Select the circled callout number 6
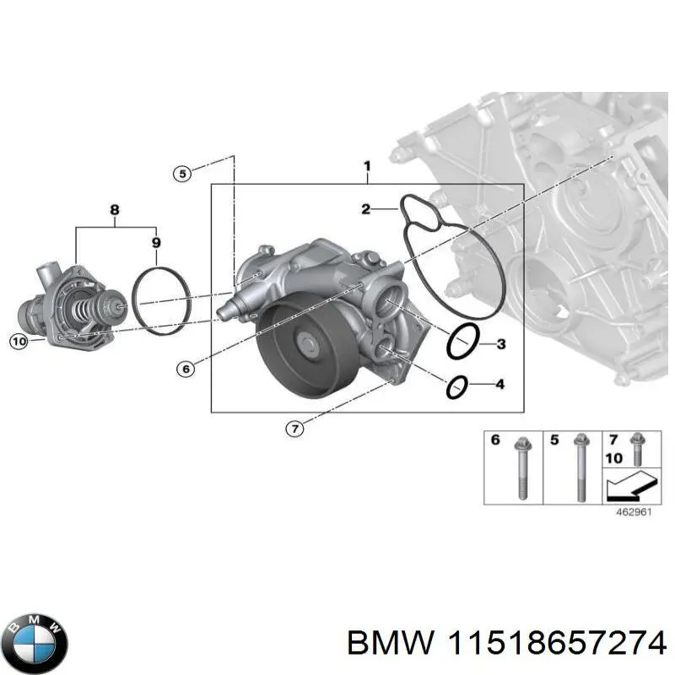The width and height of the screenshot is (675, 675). tap(186, 368)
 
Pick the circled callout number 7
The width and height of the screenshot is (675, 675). tap(293, 429)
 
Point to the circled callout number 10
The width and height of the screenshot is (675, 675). tap(19, 341)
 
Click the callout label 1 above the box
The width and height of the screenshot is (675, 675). tap(367, 166)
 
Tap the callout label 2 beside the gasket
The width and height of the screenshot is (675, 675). tap(366, 208)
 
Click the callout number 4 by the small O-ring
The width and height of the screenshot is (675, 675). tap(499, 386)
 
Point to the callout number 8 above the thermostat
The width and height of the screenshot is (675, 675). tap(115, 208)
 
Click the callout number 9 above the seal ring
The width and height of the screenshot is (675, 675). tap(155, 243)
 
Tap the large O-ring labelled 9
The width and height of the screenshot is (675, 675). tap(160, 301)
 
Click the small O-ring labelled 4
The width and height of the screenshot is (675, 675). tap(456, 386)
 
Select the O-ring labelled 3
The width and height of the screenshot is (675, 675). tap(462, 341)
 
